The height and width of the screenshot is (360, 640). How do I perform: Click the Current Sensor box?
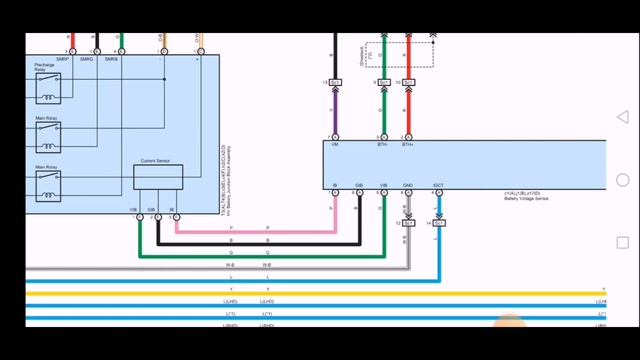point(158,176)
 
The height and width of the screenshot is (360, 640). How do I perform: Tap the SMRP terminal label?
point(62,60)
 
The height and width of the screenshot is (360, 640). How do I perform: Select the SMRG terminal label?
point(87,60)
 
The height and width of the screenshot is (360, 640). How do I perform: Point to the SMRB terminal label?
point(111,60)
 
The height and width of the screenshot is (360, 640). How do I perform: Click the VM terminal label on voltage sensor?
point(334,146)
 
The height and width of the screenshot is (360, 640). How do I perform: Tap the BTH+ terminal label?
point(408,146)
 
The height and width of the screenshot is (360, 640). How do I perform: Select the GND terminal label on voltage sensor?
point(408,185)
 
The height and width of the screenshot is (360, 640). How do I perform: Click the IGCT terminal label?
point(438,185)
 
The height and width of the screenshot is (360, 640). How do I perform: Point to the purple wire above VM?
point(334,115)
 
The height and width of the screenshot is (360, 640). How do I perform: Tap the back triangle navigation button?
point(623,118)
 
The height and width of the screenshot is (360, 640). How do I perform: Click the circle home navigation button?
point(623,180)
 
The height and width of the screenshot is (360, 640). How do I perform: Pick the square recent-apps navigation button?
point(623,243)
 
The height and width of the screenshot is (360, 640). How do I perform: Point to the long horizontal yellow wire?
point(300,293)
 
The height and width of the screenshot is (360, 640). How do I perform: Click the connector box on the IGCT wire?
point(439,223)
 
